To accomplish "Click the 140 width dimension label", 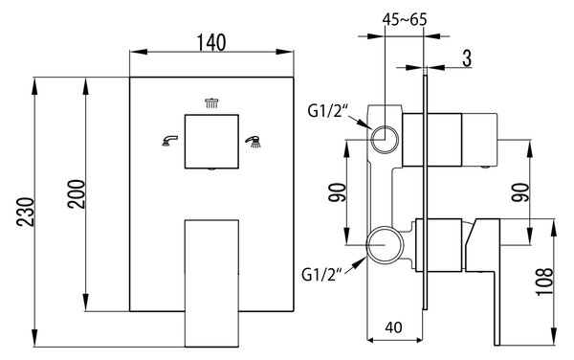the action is click(x=211, y=42).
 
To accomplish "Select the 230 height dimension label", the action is click(x=26, y=212).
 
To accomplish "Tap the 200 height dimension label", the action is click(x=77, y=194).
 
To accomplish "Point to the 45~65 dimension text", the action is click(x=405, y=19).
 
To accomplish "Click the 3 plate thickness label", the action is click(x=467, y=58).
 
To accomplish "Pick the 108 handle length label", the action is click(x=544, y=281).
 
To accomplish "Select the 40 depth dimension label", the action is click(x=393, y=327).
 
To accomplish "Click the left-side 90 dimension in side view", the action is click(x=337, y=192).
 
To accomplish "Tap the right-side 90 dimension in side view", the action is click(x=521, y=192).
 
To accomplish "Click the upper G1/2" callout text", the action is click(x=327, y=111).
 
